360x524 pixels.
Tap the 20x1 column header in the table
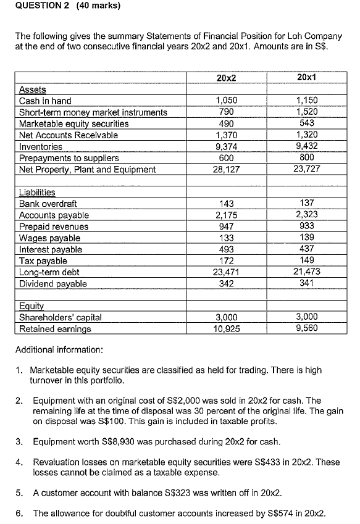click(306, 78)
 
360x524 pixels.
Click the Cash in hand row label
click(45, 101)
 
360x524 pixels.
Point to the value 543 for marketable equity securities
click(306, 123)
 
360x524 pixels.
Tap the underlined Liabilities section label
click(37, 193)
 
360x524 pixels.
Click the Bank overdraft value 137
click(306, 204)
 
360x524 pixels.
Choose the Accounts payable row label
click(54, 215)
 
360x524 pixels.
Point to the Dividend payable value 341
click(306, 283)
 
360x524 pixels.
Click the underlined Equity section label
click(31, 307)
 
